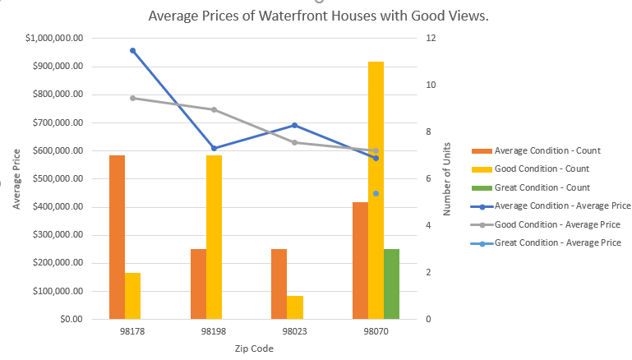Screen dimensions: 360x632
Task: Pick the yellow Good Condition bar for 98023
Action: click(x=295, y=307)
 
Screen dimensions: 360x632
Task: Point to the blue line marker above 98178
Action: click(x=132, y=51)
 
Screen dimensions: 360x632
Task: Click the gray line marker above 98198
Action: click(x=214, y=109)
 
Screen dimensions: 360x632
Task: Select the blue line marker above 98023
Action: click(x=294, y=125)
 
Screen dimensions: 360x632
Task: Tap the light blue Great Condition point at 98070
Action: click(x=376, y=193)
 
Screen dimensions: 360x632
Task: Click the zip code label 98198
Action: click(x=214, y=333)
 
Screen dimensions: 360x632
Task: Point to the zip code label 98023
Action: click(x=294, y=333)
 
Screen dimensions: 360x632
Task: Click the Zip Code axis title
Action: click(x=253, y=348)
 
